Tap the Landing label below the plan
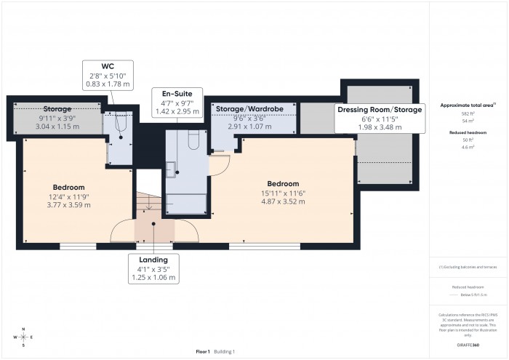(x=153, y=260)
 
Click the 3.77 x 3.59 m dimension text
(x=63, y=205)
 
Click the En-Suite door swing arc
(x=218, y=167)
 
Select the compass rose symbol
(x=23, y=338)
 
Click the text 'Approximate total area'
(x=462, y=105)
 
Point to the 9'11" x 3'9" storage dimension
(x=56, y=118)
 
